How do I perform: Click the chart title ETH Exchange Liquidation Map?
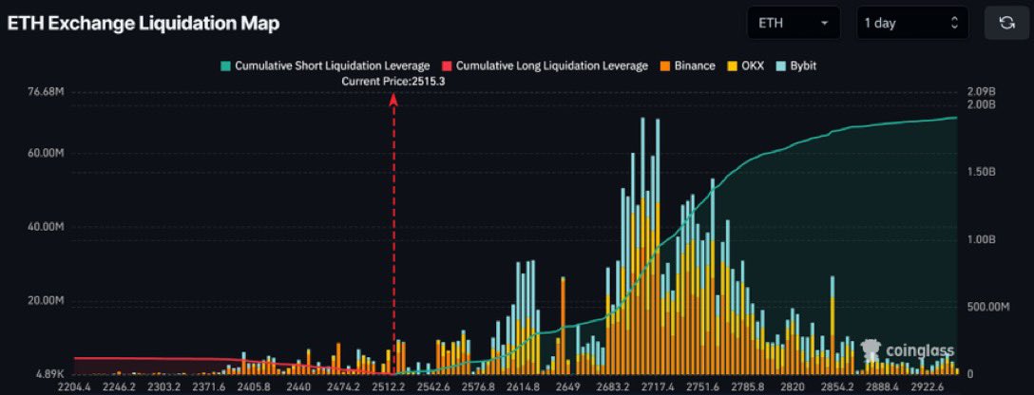pos(144,24)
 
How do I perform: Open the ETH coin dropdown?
pos(793,23)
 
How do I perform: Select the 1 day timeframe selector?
pos(911,23)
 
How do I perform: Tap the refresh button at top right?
pos(1006,23)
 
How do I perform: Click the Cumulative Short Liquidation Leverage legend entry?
pos(324,66)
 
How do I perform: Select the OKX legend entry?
pos(747,66)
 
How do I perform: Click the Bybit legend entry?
pos(795,66)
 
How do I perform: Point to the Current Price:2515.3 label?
pos(393,82)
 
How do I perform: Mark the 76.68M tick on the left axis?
pos(46,92)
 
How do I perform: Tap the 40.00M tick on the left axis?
pos(46,228)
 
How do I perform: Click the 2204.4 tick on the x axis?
pos(75,386)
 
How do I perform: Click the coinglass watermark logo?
pos(907,350)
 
